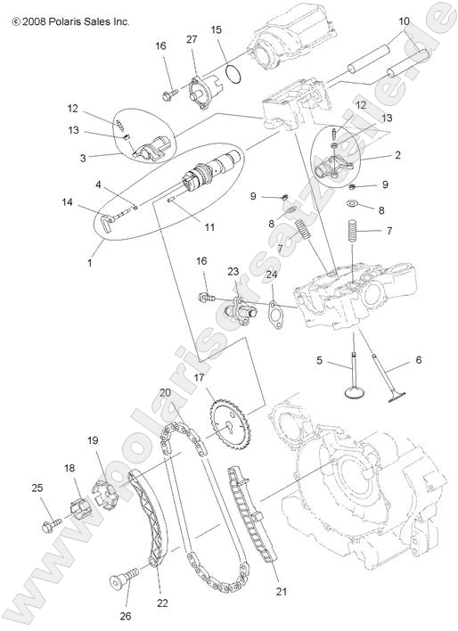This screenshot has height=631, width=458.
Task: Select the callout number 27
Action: (x=191, y=38)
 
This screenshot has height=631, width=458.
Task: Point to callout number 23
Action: (x=233, y=272)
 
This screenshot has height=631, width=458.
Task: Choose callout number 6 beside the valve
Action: (x=418, y=361)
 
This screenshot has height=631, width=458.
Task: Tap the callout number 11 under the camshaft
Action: (x=209, y=227)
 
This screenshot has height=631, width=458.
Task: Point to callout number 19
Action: (x=92, y=439)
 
